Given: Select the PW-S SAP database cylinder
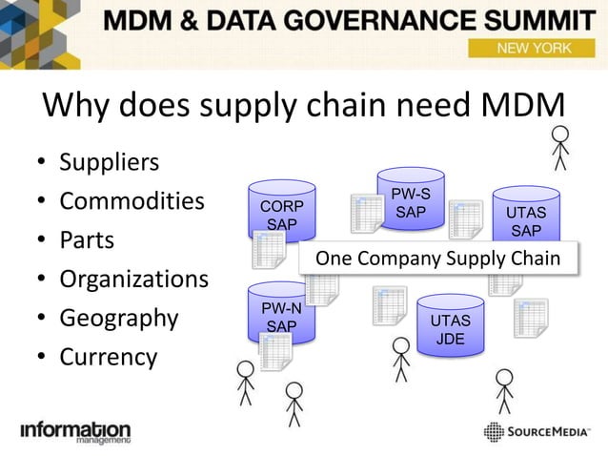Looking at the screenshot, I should point(411,200).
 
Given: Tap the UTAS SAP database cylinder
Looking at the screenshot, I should point(526,217).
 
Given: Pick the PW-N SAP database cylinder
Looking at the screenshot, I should point(281,314).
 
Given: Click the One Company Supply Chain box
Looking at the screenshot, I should point(437,258).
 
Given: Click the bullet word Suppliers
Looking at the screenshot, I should point(109,162).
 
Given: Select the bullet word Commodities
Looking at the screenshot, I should point(132,201).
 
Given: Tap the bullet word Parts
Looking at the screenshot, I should point(87,239).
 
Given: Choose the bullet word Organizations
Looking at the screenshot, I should point(133,280).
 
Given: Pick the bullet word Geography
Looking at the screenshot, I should point(118,318).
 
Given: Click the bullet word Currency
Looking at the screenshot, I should point(108,357).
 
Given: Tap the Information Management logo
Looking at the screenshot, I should point(75,432).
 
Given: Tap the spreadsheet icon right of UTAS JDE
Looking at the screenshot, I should point(530,318).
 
